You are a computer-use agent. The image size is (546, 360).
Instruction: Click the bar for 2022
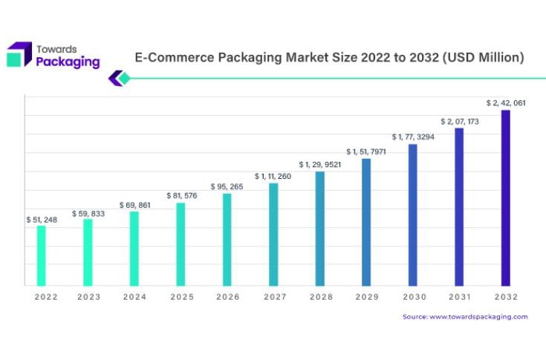click(x=42, y=255)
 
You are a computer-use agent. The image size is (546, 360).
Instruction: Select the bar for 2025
click(x=181, y=244)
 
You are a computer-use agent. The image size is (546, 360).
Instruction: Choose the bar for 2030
click(x=413, y=215)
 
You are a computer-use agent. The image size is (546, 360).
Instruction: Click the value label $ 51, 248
click(x=42, y=220)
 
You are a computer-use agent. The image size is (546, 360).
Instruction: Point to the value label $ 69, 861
click(x=134, y=205)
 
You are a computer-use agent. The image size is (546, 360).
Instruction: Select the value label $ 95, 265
click(x=227, y=187)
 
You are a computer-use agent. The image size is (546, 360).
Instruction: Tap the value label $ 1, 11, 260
click(x=273, y=177)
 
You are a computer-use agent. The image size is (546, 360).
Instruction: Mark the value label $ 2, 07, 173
click(x=459, y=121)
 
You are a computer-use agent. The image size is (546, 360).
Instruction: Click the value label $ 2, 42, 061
click(x=506, y=103)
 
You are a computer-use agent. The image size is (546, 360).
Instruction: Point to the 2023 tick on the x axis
click(x=88, y=296)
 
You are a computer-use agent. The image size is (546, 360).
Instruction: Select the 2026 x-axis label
click(x=227, y=296)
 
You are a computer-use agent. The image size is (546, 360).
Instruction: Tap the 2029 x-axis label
click(x=366, y=296)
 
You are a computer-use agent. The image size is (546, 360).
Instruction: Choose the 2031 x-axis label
click(x=459, y=296)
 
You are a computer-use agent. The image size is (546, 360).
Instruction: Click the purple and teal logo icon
click(x=19, y=55)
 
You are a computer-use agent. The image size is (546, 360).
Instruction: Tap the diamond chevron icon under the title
click(x=119, y=78)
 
